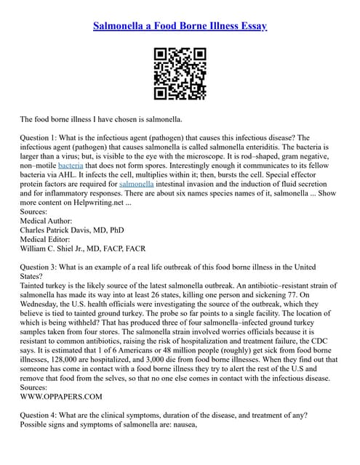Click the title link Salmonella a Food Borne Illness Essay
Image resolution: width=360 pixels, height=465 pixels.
tap(180, 27)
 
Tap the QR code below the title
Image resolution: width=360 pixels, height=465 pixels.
tap(180, 74)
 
